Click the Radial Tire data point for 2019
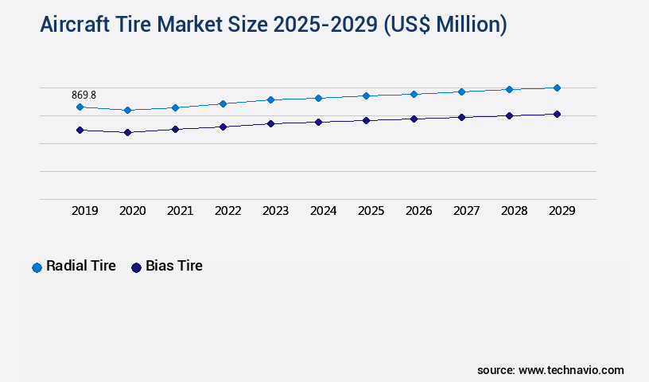[80, 107]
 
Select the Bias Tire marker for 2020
[127, 132]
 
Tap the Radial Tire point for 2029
[557, 88]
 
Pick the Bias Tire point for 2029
[557, 114]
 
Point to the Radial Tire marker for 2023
[270, 99]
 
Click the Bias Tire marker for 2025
[366, 120]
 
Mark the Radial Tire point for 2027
[461, 92]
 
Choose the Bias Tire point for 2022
[223, 127]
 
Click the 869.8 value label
[84, 95]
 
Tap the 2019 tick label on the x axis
[84, 211]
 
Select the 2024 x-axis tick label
[323, 211]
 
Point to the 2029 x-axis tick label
[562, 211]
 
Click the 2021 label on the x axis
[180, 211]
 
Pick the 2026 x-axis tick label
[418, 211]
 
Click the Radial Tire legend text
[81, 266]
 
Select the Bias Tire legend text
[173, 266]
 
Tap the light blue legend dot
[37, 267]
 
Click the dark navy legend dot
[136, 267]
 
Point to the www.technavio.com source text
[571, 370]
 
